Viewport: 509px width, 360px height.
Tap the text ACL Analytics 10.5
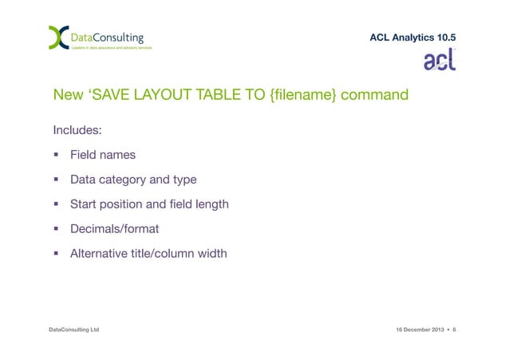(x=413, y=37)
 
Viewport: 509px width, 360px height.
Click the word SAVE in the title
(x=112, y=96)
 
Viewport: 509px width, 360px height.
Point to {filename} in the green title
(x=307, y=96)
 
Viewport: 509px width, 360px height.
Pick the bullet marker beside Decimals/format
(x=57, y=230)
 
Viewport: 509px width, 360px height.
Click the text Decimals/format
(x=114, y=229)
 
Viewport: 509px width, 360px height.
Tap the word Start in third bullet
(x=84, y=204)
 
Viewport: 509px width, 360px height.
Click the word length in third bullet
(x=211, y=204)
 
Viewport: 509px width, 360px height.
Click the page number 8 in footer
(x=454, y=329)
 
